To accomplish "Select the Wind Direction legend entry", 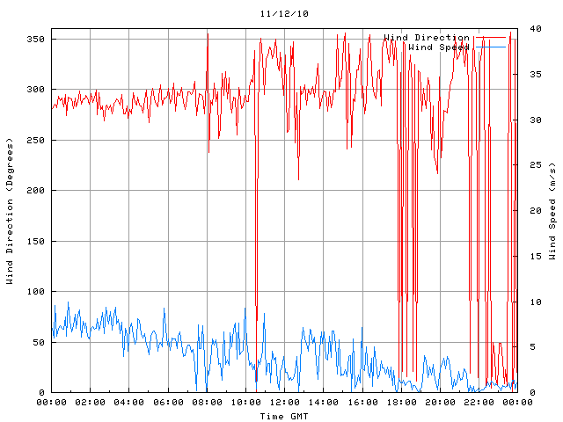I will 427,38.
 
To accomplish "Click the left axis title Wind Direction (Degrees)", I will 10,211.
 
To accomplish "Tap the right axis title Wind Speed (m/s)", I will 552,211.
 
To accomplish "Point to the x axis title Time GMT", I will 283,415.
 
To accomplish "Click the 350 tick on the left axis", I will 35,40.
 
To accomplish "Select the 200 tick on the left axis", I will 35,191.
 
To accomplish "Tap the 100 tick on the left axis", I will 35,292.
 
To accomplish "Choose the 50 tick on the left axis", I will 38,342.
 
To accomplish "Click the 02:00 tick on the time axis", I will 90,403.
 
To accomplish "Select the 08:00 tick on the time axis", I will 207,403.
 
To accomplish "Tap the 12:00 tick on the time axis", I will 284,403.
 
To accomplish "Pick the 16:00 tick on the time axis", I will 362,403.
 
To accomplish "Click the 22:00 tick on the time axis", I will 478,403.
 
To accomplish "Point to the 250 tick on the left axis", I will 35,141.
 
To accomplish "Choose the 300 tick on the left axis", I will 35,90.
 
